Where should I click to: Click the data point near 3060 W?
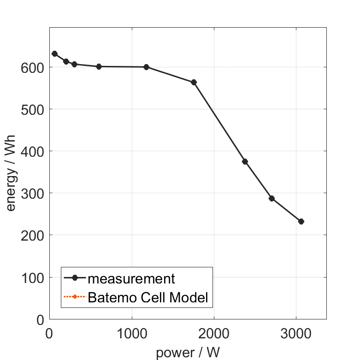click(301, 221)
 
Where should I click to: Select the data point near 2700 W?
click(271, 198)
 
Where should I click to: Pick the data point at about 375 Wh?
click(245, 161)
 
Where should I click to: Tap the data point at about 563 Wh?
click(194, 83)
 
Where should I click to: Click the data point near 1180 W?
click(147, 67)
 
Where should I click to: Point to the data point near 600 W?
click(99, 66)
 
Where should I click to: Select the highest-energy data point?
click(55, 54)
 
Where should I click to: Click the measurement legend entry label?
click(131, 278)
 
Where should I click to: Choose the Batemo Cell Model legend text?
click(148, 297)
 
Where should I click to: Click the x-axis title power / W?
click(188, 353)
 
